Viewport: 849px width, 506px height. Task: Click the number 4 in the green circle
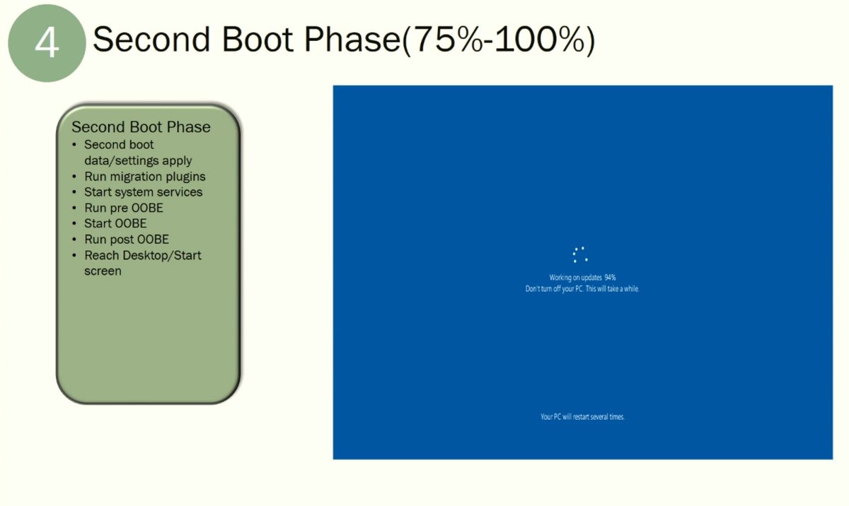point(47,43)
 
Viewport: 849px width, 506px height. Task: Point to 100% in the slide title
point(540,40)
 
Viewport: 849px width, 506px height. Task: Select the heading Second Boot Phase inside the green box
point(141,126)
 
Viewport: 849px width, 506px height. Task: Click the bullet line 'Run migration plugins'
point(145,177)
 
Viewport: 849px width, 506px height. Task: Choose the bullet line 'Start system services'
point(143,192)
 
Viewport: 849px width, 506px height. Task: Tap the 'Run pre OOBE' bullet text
point(124,208)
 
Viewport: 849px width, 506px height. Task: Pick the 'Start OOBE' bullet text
point(115,223)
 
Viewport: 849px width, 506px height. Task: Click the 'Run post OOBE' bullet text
point(127,240)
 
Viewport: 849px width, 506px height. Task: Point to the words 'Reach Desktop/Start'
point(142,255)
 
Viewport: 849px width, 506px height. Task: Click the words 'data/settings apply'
point(138,161)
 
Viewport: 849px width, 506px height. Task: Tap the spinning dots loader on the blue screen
point(580,254)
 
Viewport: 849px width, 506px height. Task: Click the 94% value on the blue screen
point(610,278)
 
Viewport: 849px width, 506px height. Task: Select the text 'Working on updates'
point(575,278)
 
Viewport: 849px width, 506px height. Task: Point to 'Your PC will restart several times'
point(582,417)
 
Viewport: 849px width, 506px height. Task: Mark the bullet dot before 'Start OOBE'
point(74,223)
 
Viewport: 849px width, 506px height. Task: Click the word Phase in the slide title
point(352,40)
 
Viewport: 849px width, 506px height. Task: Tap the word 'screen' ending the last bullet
point(103,271)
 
